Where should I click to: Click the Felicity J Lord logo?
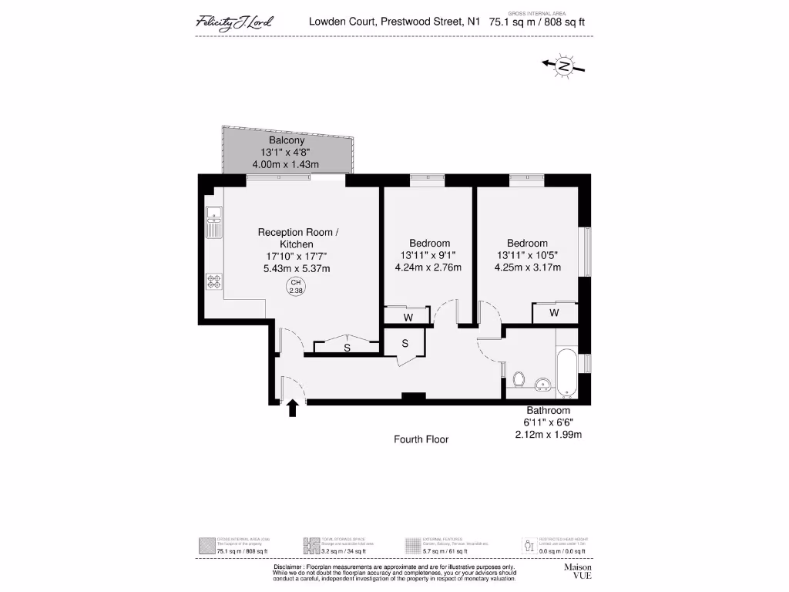[233, 22]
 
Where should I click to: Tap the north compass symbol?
[564, 67]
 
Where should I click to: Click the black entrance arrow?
[293, 408]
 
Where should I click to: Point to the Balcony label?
[287, 141]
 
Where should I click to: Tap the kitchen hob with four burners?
[213, 281]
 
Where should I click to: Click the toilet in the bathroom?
[519, 379]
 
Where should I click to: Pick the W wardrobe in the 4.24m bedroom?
[408, 317]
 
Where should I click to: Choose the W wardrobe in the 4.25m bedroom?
[554, 313]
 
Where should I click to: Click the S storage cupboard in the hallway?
[405, 344]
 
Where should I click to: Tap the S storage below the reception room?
[347, 348]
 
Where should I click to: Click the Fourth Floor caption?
[421, 439]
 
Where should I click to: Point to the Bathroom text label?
[548, 410]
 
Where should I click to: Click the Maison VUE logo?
[578, 571]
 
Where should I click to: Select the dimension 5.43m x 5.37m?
[297, 268]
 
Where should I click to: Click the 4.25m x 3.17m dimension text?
[527, 267]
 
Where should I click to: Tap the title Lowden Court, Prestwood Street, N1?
[394, 22]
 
